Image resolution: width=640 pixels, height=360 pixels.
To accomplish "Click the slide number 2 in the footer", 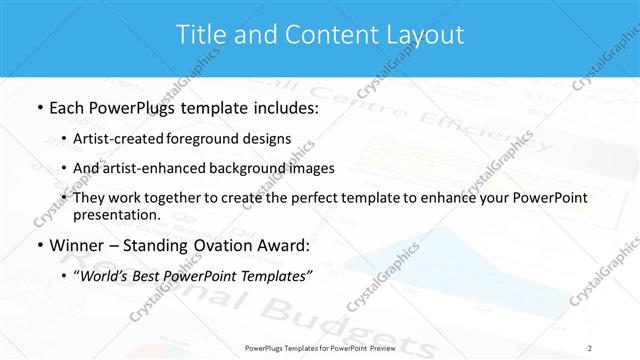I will point(590,348).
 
